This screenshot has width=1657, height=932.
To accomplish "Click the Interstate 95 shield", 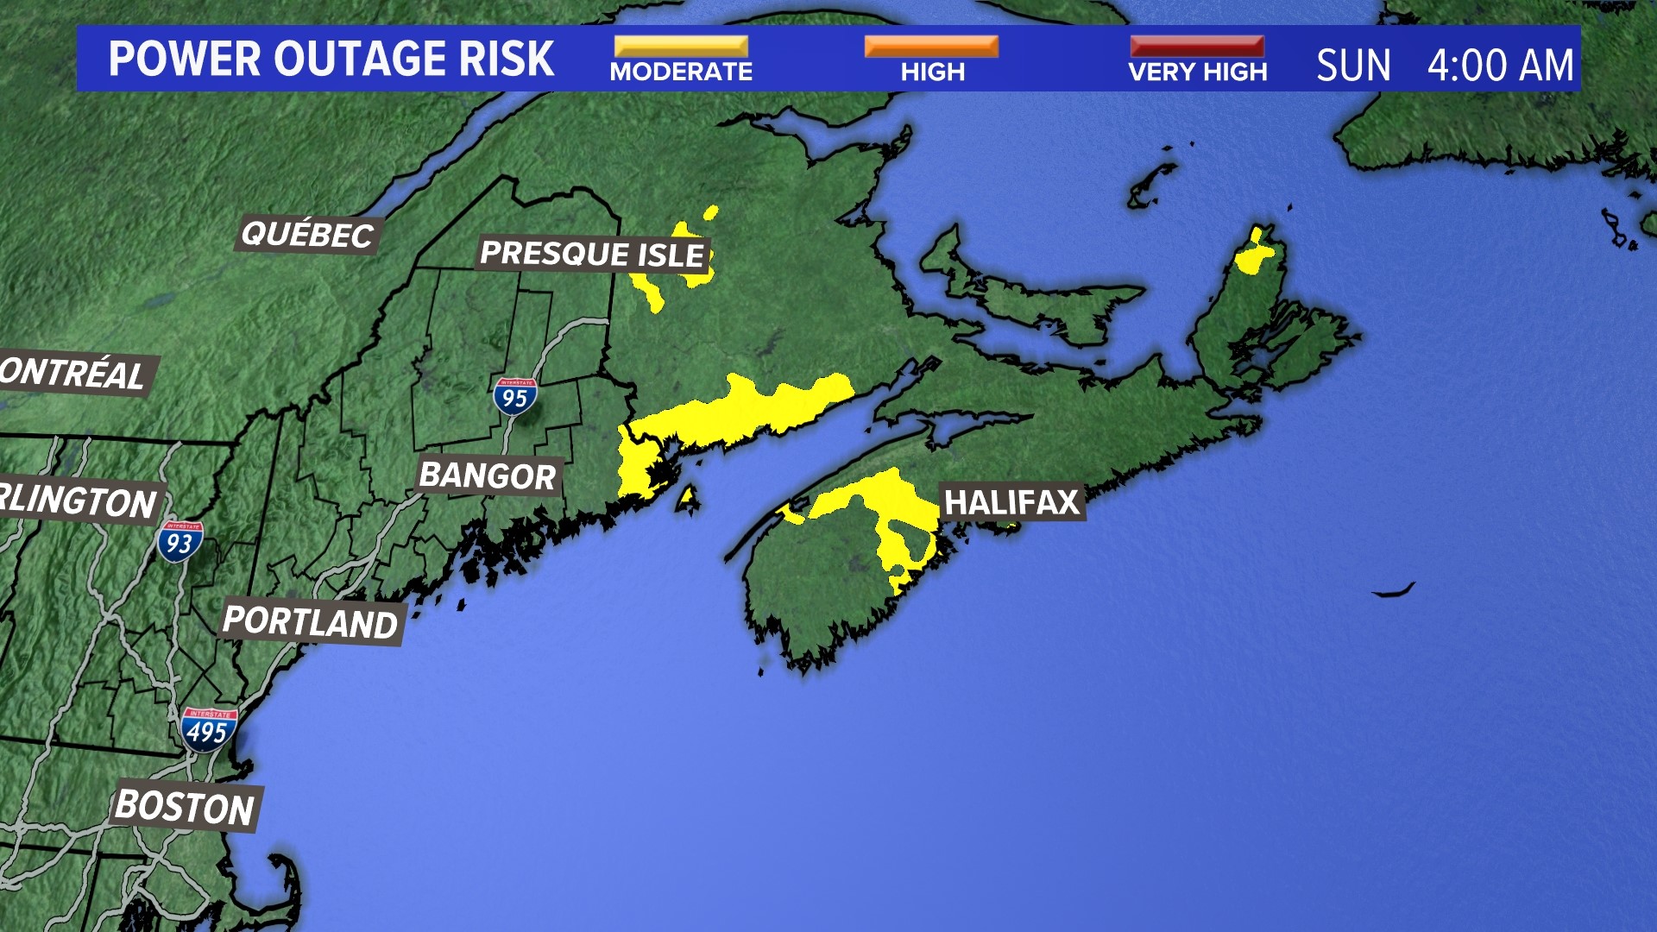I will coord(515,396).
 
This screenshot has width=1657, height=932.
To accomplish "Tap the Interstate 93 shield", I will coord(180,541).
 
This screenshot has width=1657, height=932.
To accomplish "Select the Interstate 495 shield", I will coord(208,729).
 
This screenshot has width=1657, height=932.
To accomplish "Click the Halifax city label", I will coord(1011,502).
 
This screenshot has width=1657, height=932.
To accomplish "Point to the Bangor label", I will coord(488,475).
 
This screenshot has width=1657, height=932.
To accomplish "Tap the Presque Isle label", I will coord(593,254).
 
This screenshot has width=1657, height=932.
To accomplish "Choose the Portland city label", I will coord(311,621).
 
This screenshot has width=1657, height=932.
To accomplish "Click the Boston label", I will coord(185,807).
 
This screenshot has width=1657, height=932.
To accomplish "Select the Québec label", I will coord(307,234).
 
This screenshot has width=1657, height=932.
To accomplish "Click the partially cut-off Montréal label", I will coord(73,374).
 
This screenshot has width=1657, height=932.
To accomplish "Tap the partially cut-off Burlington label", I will coord(78,501).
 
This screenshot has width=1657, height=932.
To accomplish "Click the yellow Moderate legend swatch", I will coord(681,46).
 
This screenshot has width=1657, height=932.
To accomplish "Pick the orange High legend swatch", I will coord(931,46).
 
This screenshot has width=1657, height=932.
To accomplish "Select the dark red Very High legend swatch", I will coord(1197,46).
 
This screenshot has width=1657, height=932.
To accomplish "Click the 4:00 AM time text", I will coord(1500,66).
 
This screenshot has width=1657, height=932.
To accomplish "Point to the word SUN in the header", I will coord(1353,66).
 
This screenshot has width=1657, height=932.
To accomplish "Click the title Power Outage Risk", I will coord(331,59).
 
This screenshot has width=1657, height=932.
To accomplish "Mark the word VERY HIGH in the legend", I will coord(1197,72).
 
